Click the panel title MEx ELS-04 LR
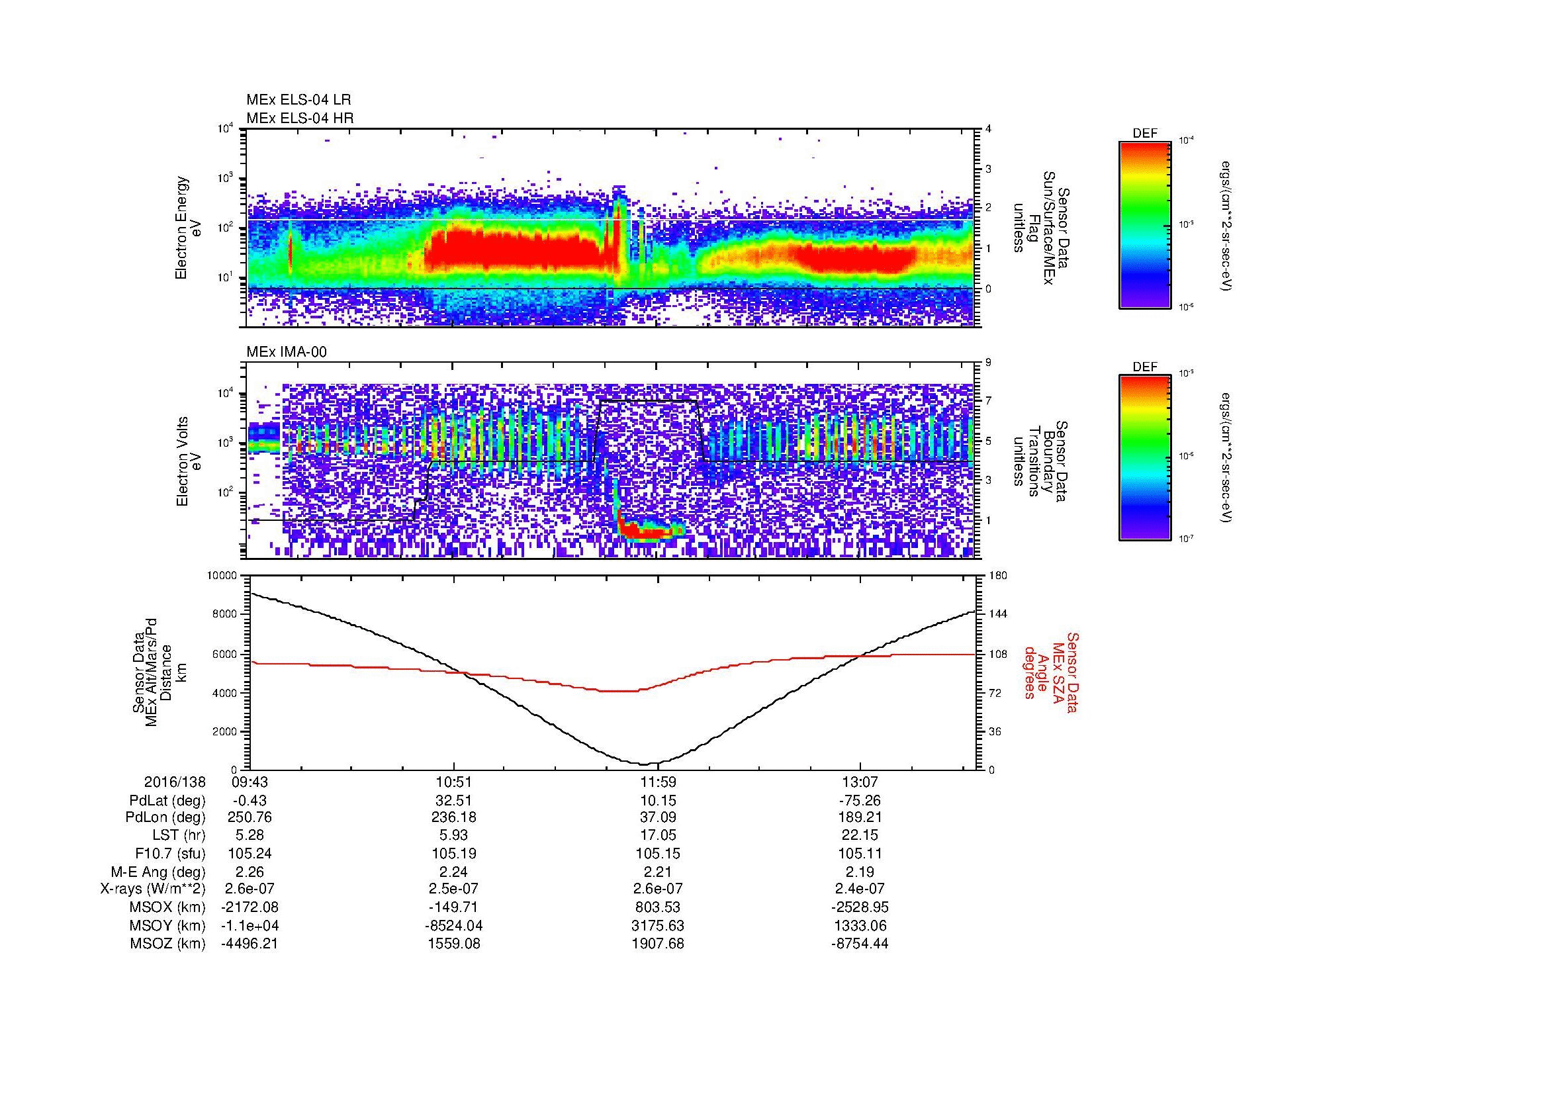(x=298, y=100)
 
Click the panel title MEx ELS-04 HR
(x=299, y=118)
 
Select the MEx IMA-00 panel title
(x=286, y=351)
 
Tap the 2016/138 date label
(x=175, y=782)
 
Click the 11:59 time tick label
(x=658, y=782)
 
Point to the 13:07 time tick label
(x=860, y=782)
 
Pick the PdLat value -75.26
(x=860, y=801)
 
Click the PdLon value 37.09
(x=658, y=817)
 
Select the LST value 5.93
(x=454, y=836)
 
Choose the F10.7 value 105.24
(x=250, y=853)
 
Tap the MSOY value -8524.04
(x=454, y=925)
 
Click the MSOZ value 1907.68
(x=658, y=944)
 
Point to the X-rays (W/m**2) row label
(x=152, y=889)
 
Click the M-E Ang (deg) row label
(x=158, y=872)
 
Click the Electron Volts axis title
(x=181, y=461)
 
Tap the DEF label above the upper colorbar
(x=1145, y=134)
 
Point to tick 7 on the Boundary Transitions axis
(x=988, y=401)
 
